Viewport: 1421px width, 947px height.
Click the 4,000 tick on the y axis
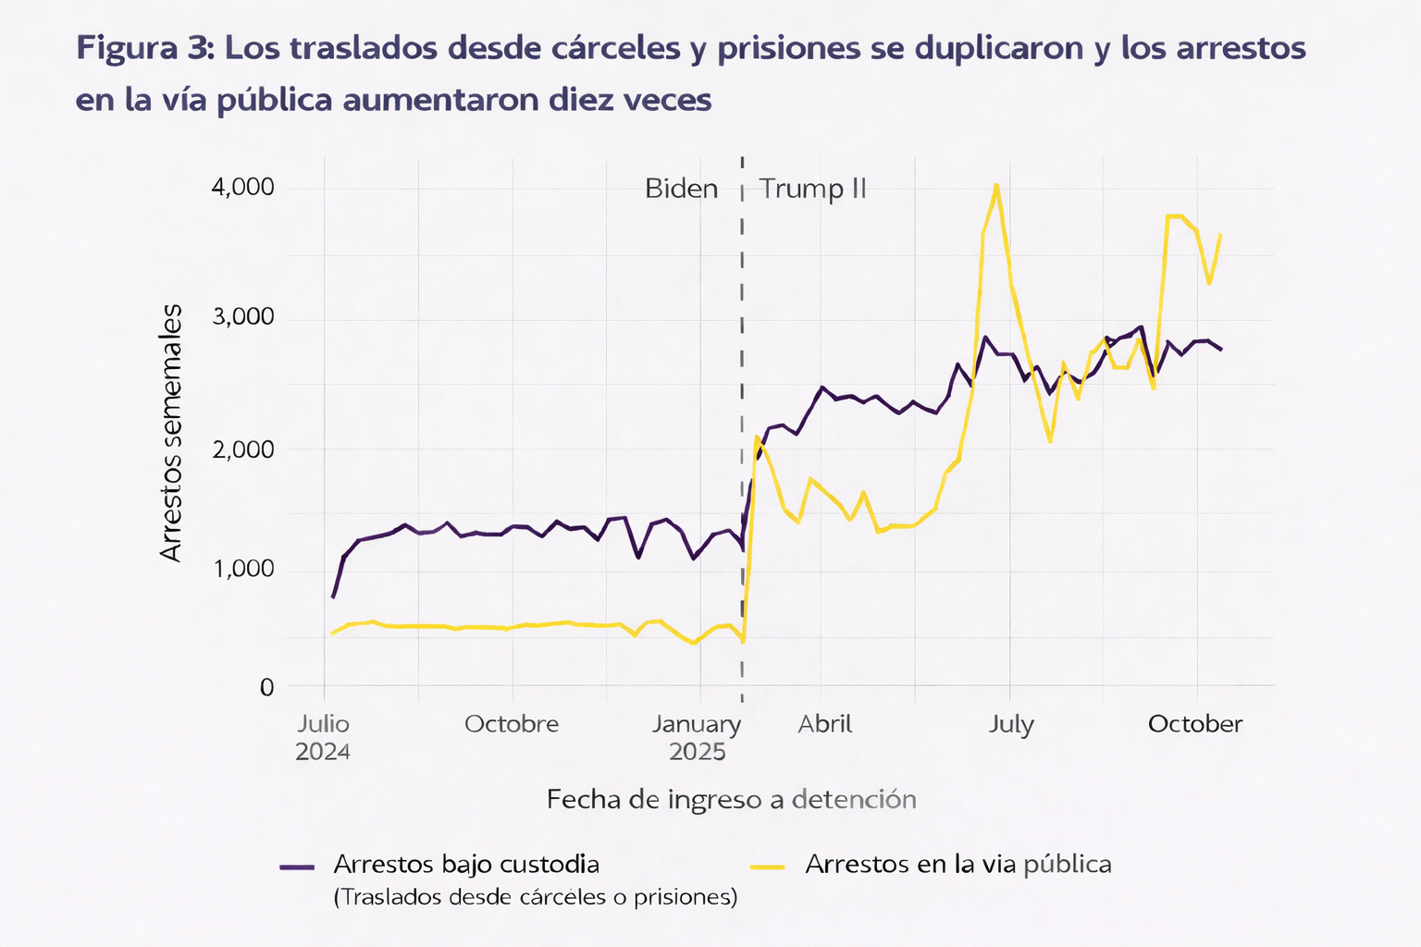243,188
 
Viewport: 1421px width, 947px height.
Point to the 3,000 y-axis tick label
243,317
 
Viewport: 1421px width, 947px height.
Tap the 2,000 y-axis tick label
243,449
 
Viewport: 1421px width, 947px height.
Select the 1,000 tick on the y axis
243,570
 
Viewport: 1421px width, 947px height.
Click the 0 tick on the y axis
266,687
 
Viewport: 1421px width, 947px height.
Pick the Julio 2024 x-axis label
323,737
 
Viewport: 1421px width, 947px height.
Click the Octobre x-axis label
512,723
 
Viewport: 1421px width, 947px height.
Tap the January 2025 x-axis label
698,737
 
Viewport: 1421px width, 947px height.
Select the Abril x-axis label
825,723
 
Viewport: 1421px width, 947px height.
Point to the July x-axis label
1010,723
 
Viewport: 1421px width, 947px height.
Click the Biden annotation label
681,189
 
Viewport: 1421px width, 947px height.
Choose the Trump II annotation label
812,189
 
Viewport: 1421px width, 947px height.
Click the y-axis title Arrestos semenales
171,433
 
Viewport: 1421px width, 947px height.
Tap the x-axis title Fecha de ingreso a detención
731,799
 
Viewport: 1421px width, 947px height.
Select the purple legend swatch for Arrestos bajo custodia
297,867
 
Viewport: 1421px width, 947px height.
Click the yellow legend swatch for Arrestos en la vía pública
767,867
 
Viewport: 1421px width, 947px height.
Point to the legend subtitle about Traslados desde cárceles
535,897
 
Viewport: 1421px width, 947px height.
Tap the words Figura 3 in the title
144,48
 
